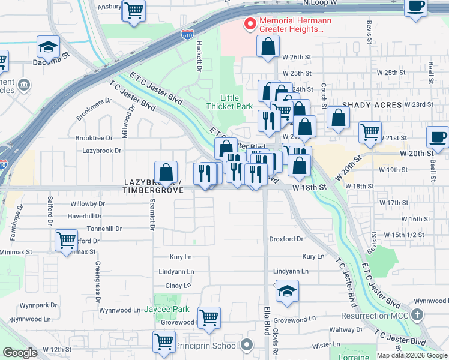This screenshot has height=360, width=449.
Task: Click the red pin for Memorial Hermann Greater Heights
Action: (249, 24)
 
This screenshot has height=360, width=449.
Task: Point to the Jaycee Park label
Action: (167, 310)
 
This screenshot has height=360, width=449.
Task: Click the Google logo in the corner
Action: (20, 353)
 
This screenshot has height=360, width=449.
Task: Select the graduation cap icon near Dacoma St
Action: (49, 47)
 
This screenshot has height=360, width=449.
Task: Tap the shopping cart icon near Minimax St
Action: (66, 240)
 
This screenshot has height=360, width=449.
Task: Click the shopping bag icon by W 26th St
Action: (268, 46)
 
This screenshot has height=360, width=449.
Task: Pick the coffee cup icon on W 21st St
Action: (438, 137)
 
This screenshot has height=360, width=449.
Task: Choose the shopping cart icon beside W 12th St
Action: (164, 341)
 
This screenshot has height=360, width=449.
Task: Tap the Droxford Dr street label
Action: (286, 239)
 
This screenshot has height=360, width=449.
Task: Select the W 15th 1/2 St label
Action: (405, 235)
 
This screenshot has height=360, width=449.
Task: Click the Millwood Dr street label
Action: (127, 122)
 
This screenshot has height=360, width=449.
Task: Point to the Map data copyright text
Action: (411, 355)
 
